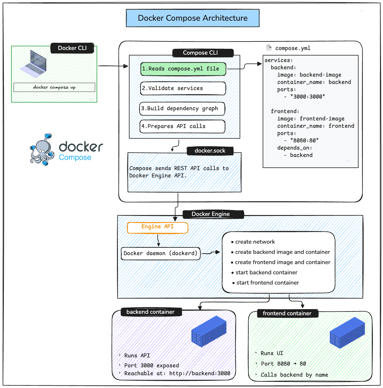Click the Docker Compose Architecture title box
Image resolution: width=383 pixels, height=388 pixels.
[193, 18]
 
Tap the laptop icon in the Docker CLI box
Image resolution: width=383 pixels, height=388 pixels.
[34, 64]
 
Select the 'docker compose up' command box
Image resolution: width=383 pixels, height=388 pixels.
[54, 87]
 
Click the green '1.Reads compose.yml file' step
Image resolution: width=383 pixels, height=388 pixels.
[183, 69]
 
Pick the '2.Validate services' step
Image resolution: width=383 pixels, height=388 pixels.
[183, 88]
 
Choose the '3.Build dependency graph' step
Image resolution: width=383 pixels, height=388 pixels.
[182, 109]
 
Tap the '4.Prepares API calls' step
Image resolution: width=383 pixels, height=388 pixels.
[182, 126]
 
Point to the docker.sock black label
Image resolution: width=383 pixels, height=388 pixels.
[210, 151]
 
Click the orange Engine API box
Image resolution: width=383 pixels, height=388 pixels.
[158, 227]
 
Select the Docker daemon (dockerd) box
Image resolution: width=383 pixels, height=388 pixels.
[160, 253]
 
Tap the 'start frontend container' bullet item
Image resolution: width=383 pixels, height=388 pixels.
[267, 283]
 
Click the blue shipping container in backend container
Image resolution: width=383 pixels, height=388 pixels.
[209, 331]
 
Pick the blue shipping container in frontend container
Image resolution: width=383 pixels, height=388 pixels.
[347, 333]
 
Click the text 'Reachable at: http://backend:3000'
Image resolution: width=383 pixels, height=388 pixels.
[177, 373]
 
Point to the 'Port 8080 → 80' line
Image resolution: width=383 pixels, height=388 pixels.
[283, 364]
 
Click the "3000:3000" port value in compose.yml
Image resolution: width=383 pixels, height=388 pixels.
[307, 97]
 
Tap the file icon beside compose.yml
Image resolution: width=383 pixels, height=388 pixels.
[269, 48]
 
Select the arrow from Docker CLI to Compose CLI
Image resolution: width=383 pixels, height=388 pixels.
[113, 66]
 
